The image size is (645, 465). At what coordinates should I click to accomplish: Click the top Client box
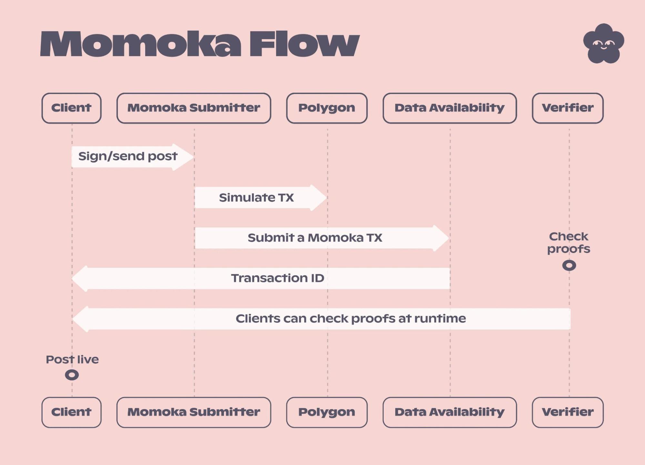(71, 108)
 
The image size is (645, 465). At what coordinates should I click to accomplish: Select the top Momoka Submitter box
(194, 108)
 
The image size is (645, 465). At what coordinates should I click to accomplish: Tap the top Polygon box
(327, 108)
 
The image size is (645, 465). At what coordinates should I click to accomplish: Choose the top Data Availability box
(449, 108)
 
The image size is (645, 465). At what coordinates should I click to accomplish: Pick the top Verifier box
(568, 108)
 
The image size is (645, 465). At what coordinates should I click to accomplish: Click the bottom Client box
(71, 412)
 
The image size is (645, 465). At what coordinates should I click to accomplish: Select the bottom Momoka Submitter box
(194, 412)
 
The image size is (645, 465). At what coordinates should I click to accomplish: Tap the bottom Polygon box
(327, 412)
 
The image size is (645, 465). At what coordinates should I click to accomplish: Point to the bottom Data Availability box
(449, 412)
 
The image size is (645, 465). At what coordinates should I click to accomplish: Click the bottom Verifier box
(568, 412)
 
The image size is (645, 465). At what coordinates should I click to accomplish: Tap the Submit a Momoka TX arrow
(319, 238)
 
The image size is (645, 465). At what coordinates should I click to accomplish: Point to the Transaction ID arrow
(261, 278)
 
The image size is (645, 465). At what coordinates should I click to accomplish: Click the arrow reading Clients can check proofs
(323, 319)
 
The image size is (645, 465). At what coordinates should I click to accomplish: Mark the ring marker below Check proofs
(569, 266)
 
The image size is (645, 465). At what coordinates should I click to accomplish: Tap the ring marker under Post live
(72, 375)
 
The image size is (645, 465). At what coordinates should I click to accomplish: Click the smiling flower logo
(603, 44)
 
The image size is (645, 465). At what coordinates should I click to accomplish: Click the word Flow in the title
(304, 44)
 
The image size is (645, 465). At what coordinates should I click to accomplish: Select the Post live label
(72, 360)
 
